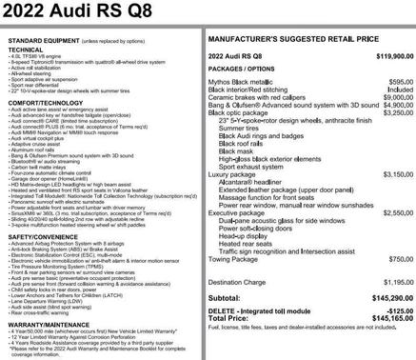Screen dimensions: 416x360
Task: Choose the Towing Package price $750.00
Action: point(401,258)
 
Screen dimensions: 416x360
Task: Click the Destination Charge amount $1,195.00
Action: point(397,282)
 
